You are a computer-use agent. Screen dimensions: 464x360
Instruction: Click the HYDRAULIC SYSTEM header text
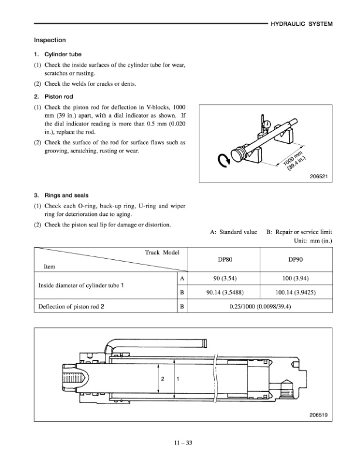tap(301, 25)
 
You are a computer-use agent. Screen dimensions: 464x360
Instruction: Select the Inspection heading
tap(50, 40)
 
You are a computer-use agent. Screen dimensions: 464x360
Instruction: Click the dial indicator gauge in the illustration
tap(267, 124)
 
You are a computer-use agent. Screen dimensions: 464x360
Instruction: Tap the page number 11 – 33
tap(179, 442)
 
